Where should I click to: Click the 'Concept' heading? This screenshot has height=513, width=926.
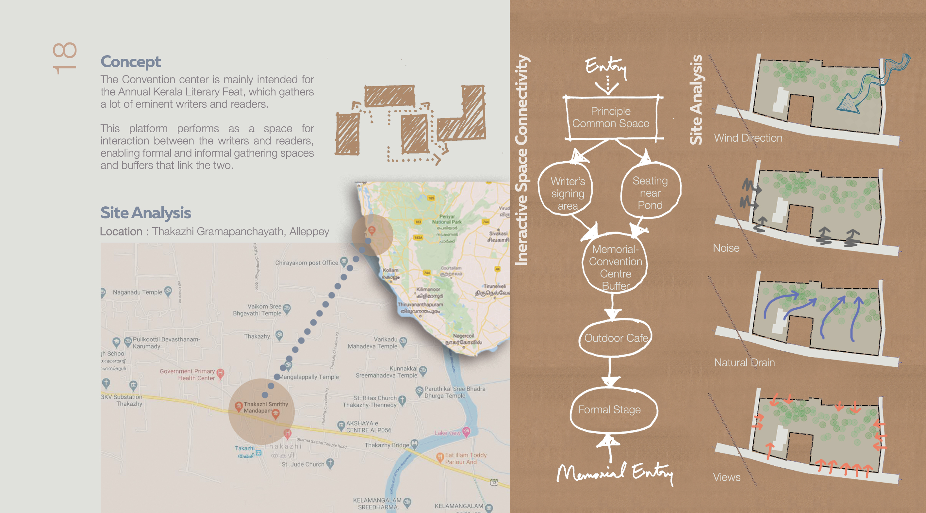[x=130, y=61]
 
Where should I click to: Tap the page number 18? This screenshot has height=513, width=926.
[x=65, y=58]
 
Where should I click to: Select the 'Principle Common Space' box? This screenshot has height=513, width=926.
[x=611, y=118]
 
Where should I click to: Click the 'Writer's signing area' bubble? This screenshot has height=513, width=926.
[x=568, y=193]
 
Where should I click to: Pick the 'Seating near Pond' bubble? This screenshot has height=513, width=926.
[x=650, y=193]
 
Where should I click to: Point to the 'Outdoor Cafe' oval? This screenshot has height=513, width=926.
[x=616, y=338]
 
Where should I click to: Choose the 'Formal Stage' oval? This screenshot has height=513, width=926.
[x=609, y=409]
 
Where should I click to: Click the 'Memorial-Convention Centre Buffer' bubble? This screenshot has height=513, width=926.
[x=615, y=267]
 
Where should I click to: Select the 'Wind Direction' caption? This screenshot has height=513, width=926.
[x=748, y=138]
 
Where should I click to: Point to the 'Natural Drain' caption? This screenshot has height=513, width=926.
[x=744, y=362]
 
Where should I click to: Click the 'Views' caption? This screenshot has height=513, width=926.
[x=726, y=477]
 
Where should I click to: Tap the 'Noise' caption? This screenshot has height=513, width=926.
[x=726, y=248]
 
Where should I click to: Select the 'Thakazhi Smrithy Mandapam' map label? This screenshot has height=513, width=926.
[x=266, y=408]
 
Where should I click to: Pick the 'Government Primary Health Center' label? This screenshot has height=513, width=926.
[x=187, y=374]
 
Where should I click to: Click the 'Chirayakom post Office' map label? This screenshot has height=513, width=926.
[x=306, y=263]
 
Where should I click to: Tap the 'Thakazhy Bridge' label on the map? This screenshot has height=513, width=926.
[x=387, y=445]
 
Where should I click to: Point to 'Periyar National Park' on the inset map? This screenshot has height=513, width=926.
[x=447, y=219]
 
